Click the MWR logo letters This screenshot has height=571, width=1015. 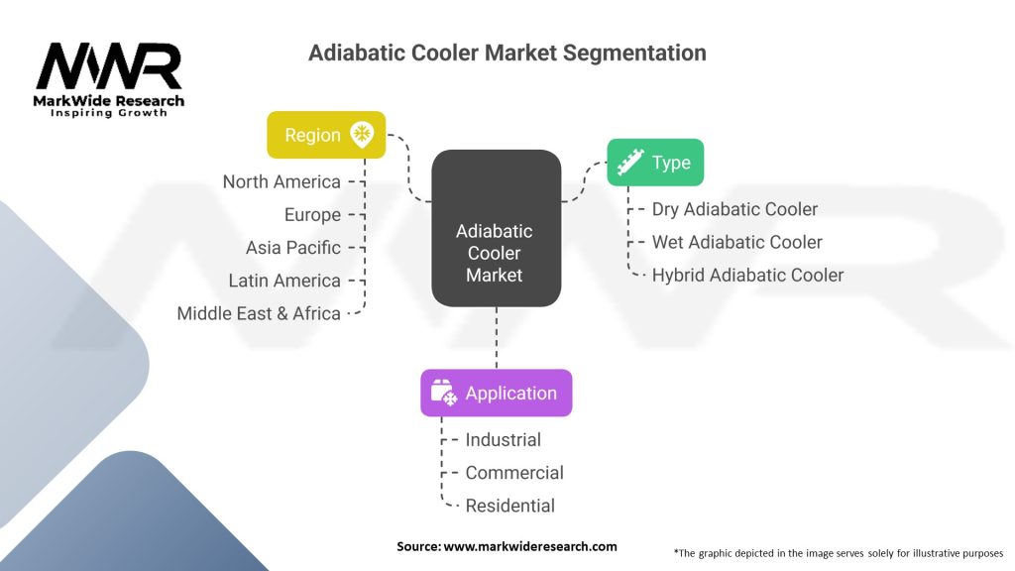tap(109, 66)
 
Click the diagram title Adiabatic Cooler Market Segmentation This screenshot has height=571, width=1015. tap(507, 53)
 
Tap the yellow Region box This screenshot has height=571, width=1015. tap(326, 135)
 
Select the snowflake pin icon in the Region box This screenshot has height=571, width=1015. tap(362, 134)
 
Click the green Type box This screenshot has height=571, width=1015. tap(655, 162)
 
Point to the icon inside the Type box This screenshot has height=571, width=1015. tap(629, 162)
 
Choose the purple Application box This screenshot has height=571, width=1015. tap(497, 393)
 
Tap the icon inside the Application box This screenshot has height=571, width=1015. tap(444, 393)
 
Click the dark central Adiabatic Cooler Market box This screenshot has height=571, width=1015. tap(497, 229)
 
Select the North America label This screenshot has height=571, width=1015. tap(282, 182)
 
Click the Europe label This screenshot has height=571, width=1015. tap(312, 215)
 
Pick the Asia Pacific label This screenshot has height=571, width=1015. tap(293, 247)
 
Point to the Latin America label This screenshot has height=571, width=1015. tap(284, 281)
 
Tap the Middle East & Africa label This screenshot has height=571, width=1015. tap(259, 313)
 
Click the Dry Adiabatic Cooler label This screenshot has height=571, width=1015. tap(734, 209)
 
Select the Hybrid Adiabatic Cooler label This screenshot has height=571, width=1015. tap(747, 276)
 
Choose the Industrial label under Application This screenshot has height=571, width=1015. tap(503, 439)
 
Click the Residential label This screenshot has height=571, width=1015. tap(510, 506)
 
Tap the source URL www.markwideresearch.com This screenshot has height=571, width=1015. tap(530, 546)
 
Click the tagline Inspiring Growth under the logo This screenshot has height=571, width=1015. tap(109, 113)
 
